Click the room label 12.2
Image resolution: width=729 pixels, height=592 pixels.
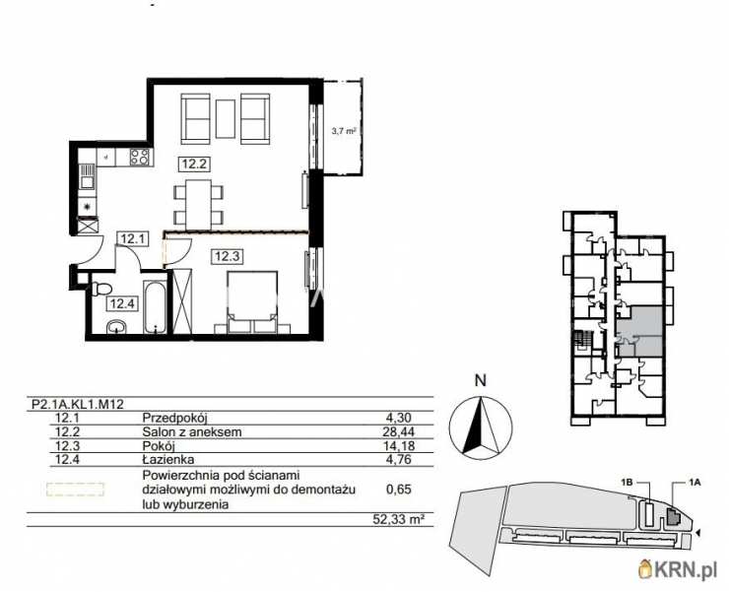coord(192,164)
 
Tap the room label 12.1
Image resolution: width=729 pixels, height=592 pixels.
coord(132,237)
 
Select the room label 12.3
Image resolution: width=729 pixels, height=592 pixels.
coord(228,256)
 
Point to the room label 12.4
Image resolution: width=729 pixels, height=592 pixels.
coord(122,304)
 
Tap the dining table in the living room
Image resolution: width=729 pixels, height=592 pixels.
coord(199,202)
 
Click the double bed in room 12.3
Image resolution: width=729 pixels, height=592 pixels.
coord(251,300)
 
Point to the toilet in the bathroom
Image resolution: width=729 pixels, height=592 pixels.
coord(100,290)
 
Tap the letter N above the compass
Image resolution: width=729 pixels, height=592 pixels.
coord(480,379)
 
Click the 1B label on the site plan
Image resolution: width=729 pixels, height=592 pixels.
coord(628,482)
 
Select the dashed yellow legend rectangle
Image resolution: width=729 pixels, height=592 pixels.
coord(76,488)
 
